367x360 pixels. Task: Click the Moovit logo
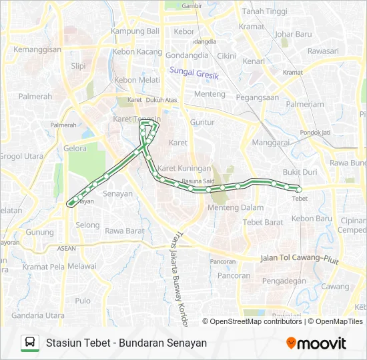(x=316, y=343)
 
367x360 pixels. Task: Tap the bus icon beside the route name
(x=30, y=343)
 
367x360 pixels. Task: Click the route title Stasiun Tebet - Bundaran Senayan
(x=126, y=343)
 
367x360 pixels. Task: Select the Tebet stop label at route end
(x=299, y=198)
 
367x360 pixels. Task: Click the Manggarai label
(x=270, y=143)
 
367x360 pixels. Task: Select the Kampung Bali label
(x=135, y=31)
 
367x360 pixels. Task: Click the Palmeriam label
(x=305, y=104)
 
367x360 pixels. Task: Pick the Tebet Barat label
(x=264, y=222)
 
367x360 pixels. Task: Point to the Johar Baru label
(x=293, y=34)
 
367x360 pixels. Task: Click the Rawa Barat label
(x=125, y=231)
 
